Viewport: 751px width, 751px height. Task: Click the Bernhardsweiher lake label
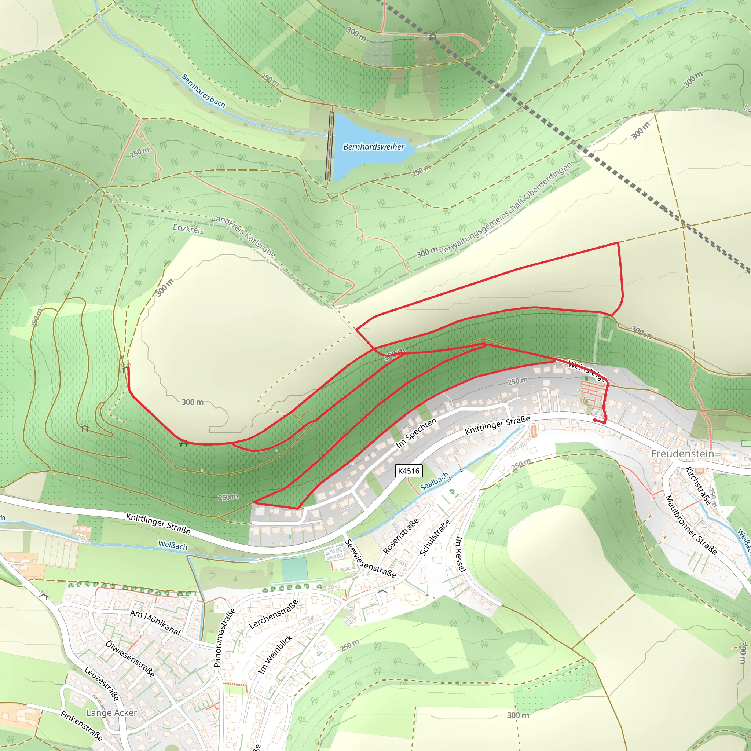coord(374,147)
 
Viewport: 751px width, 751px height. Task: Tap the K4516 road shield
coord(409,471)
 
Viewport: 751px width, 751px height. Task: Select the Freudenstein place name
coord(682,454)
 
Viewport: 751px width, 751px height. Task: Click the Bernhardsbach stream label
coord(203,91)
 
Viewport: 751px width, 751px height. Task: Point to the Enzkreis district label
coord(188,228)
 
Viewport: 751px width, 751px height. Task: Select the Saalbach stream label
coord(434,481)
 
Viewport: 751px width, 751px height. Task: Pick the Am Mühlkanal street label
coord(155,622)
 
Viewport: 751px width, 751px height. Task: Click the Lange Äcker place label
coord(111,712)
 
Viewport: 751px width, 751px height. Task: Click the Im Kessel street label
coord(460,554)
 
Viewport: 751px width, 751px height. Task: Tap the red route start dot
coord(595,420)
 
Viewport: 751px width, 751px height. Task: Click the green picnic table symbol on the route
coord(183,443)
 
